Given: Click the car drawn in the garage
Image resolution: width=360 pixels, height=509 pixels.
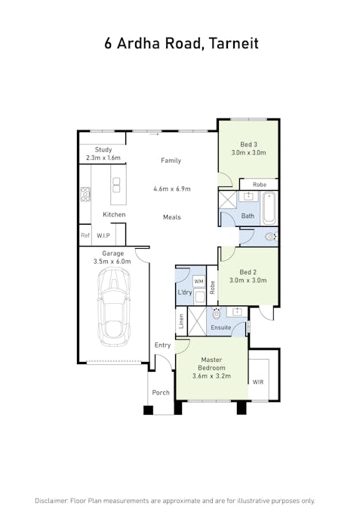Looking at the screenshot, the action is click(114, 307).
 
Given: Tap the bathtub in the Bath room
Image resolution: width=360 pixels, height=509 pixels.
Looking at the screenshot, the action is click(269, 208).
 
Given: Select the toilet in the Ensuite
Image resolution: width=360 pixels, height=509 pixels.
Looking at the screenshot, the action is click(217, 313).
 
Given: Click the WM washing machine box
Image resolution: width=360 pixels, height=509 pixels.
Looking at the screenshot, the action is click(198, 281).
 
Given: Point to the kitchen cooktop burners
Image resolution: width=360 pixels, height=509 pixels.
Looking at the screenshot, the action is click(85, 194).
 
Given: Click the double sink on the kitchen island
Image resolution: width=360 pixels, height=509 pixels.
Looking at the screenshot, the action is click(116, 185).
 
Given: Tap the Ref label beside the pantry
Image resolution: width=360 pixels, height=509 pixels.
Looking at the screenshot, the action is click(85, 235).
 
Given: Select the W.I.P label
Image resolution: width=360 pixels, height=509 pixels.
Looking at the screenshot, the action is click(103, 235).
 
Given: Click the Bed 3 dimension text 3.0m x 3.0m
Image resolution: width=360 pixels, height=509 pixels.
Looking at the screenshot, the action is click(248, 152).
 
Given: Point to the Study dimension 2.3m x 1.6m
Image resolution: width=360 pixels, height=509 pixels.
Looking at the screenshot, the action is click(103, 158).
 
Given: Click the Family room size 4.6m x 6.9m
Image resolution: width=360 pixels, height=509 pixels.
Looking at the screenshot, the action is click(172, 189).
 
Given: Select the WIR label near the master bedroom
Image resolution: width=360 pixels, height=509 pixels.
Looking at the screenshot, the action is click(258, 382).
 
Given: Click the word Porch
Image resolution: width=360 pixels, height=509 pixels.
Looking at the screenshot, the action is click(161, 392).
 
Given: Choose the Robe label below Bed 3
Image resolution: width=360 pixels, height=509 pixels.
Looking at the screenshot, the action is click(260, 185).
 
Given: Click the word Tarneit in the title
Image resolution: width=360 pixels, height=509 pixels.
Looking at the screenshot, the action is click(233, 43).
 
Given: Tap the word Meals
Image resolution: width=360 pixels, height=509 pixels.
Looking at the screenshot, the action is click(172, 217).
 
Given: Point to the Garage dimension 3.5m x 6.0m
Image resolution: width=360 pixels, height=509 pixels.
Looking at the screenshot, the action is click(112, 262).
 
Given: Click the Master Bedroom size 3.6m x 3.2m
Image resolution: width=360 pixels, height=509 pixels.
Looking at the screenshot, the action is click(211, 376).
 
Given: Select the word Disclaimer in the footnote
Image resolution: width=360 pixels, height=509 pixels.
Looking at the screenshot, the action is click(51, 501).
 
